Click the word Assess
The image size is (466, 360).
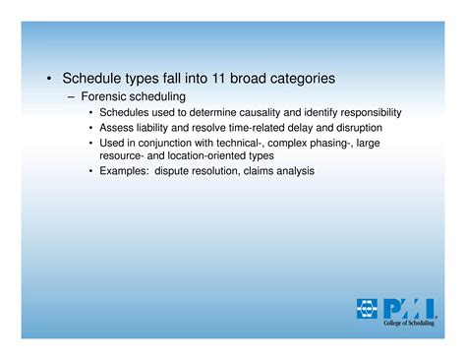pyautogui.click(x=117, y=128)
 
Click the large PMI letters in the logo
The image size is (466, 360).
pyautogui.click(x=411, y=308)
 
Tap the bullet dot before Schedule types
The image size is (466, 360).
pyautogui.click(x=48, y=78)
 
